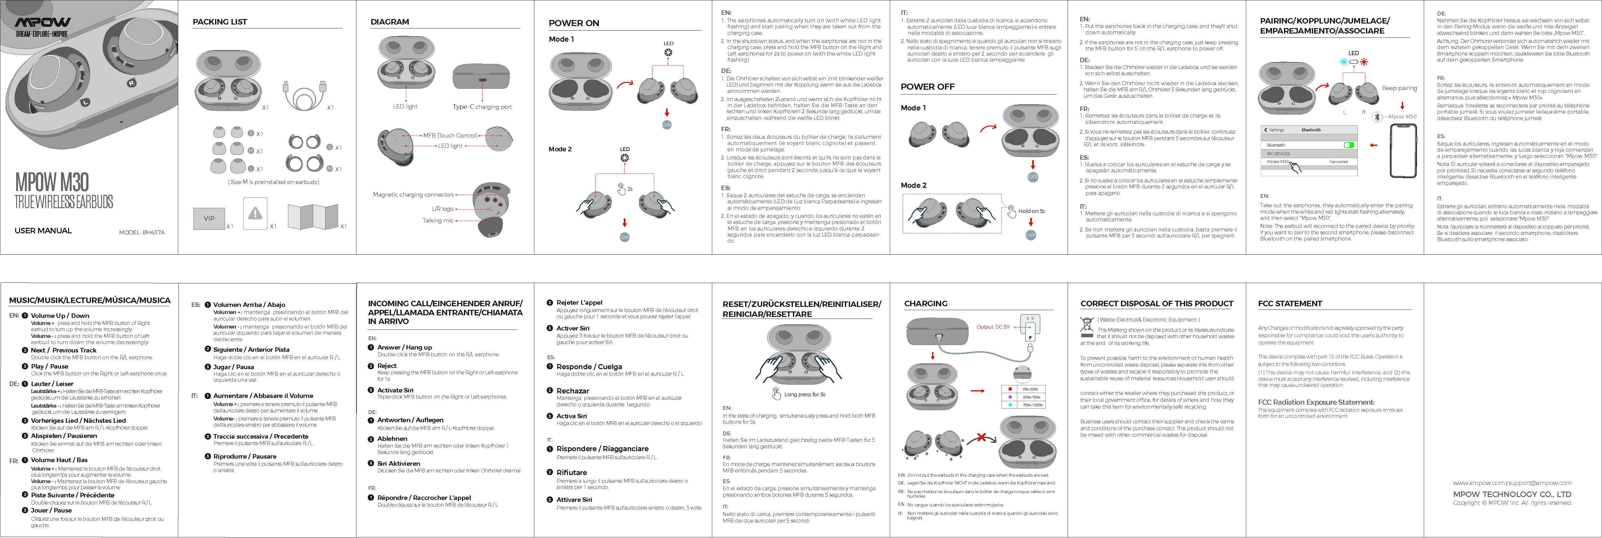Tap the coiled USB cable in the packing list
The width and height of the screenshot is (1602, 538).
pos(305,95)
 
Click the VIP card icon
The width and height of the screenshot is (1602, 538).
pos(209,218)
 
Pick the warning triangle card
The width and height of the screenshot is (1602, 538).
pos(255,213)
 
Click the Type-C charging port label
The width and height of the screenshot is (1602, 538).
pos(482,107)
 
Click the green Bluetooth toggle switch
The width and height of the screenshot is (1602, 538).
pos(1348,145)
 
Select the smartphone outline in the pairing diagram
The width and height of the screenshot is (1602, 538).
pos(1403,151)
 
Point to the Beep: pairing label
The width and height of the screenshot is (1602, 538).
pos(1399,88)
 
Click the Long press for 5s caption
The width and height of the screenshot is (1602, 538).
pos(804,394)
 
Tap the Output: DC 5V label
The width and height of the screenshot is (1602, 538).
pos(992,327)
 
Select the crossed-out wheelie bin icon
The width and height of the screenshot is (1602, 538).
pos(1086,325)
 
